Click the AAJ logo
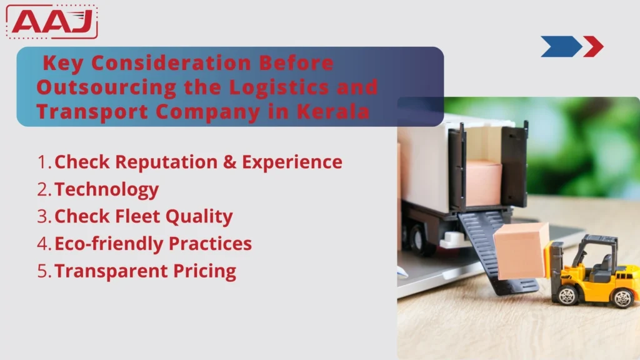coord(52,22)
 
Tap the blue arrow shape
coord(560,46)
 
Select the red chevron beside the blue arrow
coord(592,46)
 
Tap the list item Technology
coord(106,189)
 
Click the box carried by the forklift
coord(520,251)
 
